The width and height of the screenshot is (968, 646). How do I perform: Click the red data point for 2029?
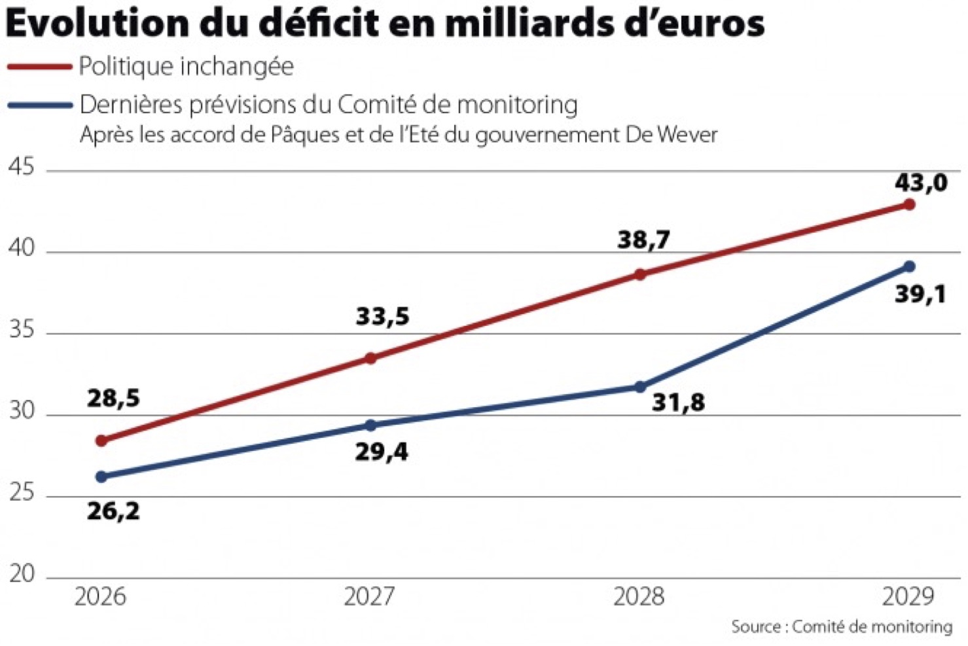click(x=908, y=205)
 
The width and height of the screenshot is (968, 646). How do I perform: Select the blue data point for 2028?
click(x=639, y=387)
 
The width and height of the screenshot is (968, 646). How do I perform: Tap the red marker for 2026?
click(x=101, y=441)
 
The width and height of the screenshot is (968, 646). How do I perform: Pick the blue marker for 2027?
click(x=370, y=425)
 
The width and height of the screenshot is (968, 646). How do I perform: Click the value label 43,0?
click(x=921, y=183)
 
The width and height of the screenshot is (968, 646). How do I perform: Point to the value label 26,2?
click(x=113, y=511)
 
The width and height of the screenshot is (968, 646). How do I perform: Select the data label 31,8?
click(x=678, y=402)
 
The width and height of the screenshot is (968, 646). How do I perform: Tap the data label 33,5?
click(x=383, y=317)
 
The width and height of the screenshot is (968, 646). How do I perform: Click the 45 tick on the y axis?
click(x=22, y=168)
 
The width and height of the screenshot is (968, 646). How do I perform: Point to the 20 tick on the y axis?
click(x=22, y=574)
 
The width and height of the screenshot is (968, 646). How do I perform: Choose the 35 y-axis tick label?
click(x=22, y=330)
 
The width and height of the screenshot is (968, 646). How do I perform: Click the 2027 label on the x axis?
click(x=370, y=597)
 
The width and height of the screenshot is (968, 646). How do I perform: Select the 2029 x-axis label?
click(x=908, y=597)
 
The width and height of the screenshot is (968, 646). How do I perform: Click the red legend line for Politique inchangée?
click(x=39, y=67)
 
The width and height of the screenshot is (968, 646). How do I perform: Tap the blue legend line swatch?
click(x=39, y=105)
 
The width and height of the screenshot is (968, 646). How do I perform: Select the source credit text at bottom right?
click(x=842, y=627)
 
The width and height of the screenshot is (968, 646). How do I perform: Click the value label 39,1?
click(x=920, y=295)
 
